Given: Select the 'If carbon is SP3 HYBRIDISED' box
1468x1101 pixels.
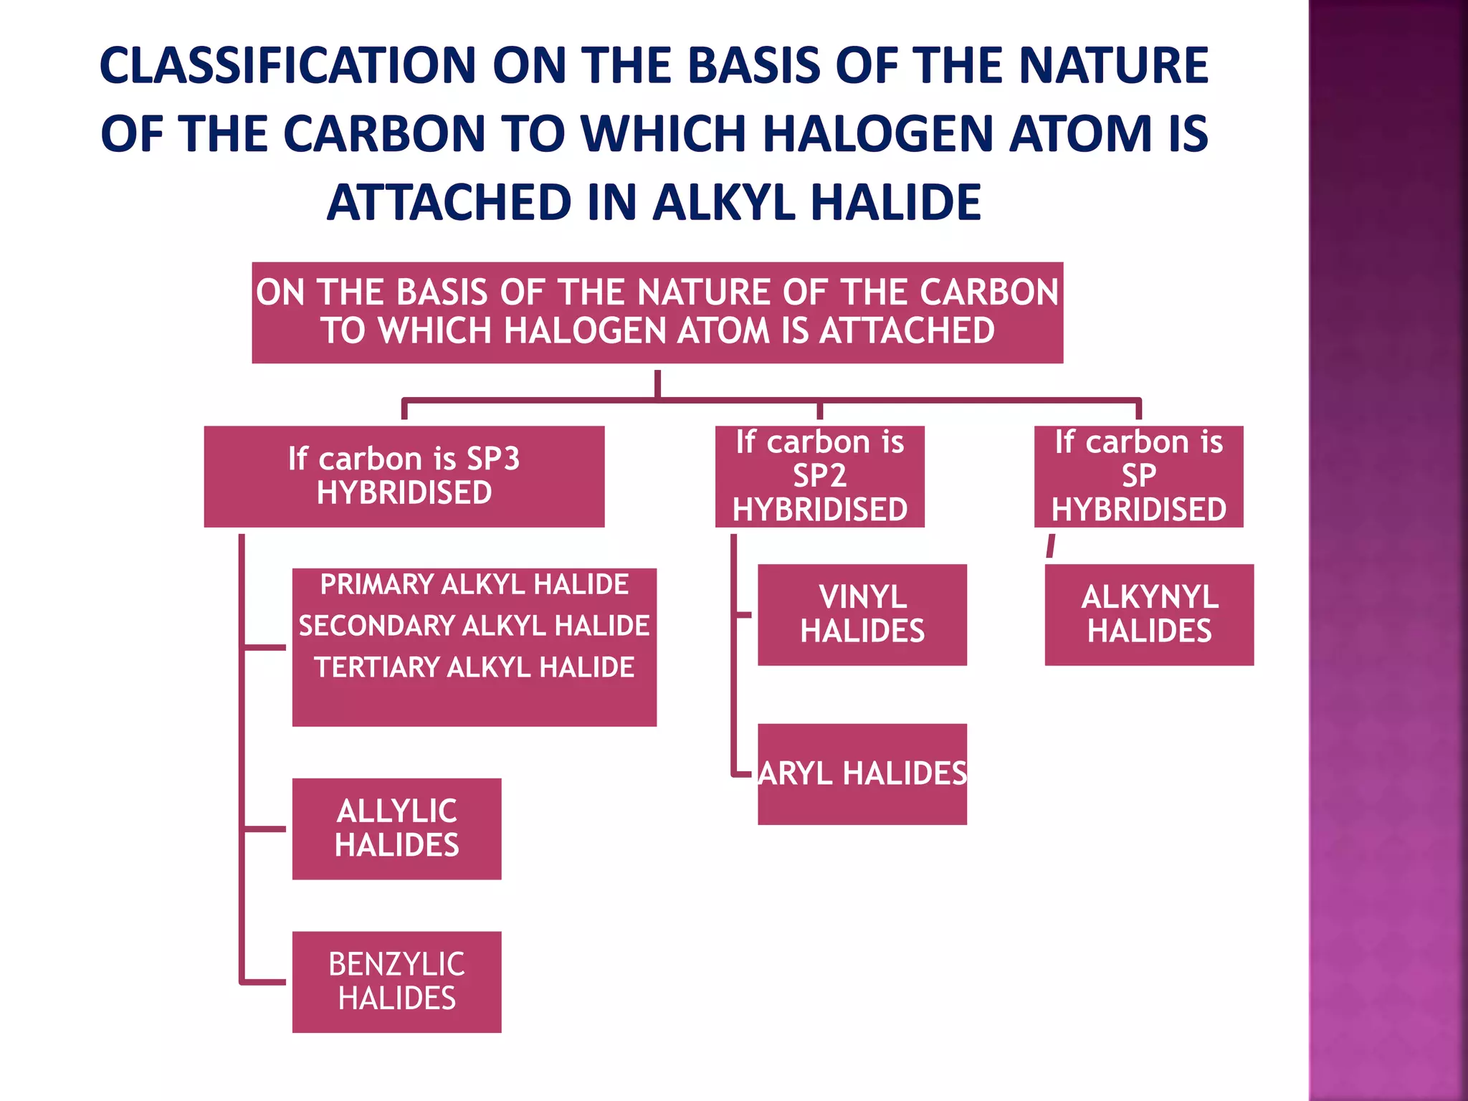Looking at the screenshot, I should click(404, 477).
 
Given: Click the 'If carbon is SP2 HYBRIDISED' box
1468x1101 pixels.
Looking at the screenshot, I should click(819, 477).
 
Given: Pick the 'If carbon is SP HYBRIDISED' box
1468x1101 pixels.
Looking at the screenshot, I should click(1138, 477).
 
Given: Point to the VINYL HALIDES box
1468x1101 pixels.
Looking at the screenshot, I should click(862, 614).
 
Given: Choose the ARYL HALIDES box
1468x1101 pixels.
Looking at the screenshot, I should click(862, 774).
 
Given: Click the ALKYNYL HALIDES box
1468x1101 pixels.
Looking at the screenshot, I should click(1149, 614).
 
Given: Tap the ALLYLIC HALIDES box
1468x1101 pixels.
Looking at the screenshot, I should click(396, 829).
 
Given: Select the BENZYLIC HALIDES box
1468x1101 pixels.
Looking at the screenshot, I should click(396, 982).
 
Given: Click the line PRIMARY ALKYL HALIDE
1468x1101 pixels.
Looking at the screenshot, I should click(474, 585).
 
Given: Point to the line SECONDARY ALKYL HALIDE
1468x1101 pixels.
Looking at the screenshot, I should click(474, 626).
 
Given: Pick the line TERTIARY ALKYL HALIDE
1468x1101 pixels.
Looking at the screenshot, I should click(474, 668).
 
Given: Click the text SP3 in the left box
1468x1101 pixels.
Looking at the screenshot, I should click(492, 459).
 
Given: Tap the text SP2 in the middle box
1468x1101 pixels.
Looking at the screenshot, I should click(819, 476).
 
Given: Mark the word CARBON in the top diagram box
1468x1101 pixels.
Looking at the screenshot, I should click(989, 292).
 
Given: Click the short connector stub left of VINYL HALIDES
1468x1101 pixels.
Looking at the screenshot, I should click(743, 614).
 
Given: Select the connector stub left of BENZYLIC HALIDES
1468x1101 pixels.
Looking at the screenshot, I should click(264, 982).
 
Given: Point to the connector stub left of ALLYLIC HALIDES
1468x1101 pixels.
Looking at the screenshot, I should click(264, 829).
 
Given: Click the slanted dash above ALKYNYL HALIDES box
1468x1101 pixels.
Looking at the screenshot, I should click(1051, 545).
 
